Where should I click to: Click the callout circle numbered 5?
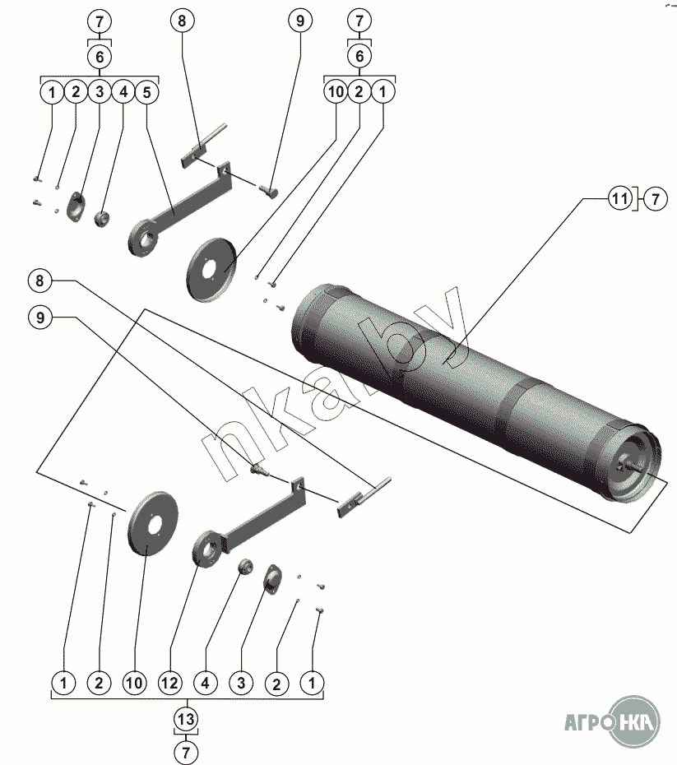(x=146, y=92)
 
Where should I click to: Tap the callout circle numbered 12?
(x=170, y=682)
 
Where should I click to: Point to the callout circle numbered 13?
(x=187, y=719)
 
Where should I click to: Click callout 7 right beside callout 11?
(x=655, y=198)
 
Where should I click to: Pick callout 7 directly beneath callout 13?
(x=187, y=751)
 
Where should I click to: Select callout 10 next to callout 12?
(x=135, y=682)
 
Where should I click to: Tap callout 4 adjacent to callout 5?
(x=123, y=92)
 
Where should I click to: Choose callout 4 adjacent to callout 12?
(x=206, y=682)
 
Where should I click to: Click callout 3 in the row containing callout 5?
(x=99, y=92)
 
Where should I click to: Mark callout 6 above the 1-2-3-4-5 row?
(x=100, y=56)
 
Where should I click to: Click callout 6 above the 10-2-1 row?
(x=359, y=56)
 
